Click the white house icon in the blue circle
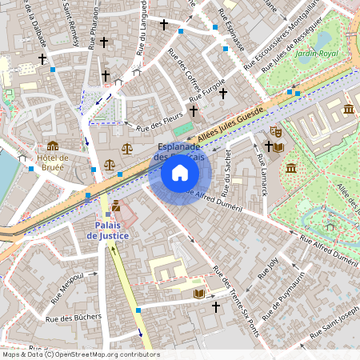180,173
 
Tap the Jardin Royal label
317,54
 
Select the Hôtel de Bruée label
53,162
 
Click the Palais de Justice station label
107,230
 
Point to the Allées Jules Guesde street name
230,125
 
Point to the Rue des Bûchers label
74,320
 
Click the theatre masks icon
276,131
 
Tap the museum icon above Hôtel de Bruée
53,145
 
